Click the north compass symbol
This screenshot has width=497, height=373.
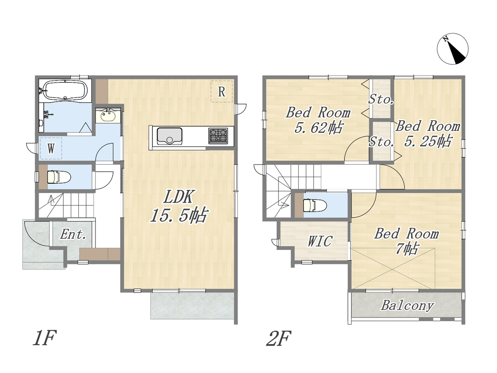point(453,49)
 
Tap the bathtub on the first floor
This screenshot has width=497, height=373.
point(65,90)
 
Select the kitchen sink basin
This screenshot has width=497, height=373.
point(170,136)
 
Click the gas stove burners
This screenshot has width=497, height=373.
point(218,135)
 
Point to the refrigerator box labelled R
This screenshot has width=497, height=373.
point(222,91)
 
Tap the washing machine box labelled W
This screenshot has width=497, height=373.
point(51,148)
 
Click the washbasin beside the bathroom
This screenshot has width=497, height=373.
point(108,116)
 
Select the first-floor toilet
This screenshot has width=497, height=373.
point(59,177)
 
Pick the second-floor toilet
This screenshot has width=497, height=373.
point(315,205)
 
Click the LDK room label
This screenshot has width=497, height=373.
point(178,197)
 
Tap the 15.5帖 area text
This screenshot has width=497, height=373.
point(179,215)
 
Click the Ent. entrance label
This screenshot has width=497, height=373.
point(73,235)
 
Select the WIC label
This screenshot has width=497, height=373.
point(320,242)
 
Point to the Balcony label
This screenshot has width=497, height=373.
point(407,305)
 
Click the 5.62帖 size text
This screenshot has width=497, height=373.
point(319,128)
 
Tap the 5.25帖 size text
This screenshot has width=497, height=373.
point(428,141)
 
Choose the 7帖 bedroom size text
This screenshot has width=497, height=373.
point(407,249)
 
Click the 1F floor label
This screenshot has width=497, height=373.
point(45,338)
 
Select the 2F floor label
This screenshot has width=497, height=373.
point(278,338)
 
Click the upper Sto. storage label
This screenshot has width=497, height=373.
point(381,100)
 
